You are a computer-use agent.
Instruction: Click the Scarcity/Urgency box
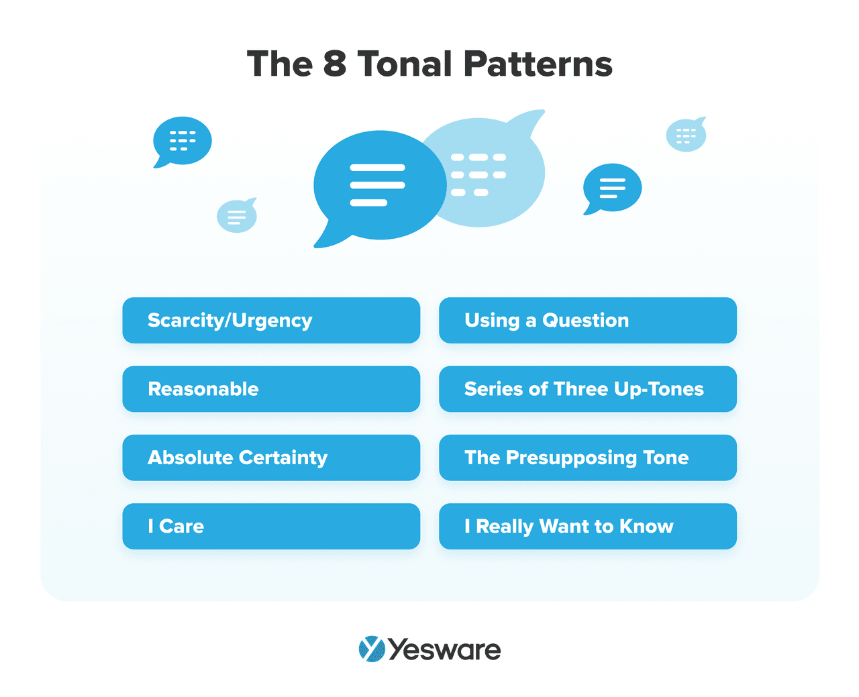[271, 321]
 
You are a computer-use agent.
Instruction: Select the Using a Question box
[588, 321]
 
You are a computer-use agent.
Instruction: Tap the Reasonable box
[271, 389]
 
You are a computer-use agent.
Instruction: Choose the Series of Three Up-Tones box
[588, 389]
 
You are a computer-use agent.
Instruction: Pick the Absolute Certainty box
[271, 458]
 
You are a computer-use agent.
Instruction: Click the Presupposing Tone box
[588, 458]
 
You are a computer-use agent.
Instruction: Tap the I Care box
[271, 527]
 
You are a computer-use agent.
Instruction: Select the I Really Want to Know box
[588, 527]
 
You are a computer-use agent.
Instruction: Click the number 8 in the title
[334, 64]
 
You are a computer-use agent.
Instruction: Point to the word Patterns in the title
[538, 64]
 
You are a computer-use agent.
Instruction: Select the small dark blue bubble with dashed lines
[183, 141]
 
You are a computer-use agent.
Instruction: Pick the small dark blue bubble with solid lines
[612, 188]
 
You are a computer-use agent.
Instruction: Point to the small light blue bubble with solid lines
[237, 216]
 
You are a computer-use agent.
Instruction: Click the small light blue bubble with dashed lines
[686, 136]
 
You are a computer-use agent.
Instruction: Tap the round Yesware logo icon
[371, 649]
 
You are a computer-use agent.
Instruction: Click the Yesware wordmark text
[444, 649]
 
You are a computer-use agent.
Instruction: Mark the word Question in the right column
[585, 321]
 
